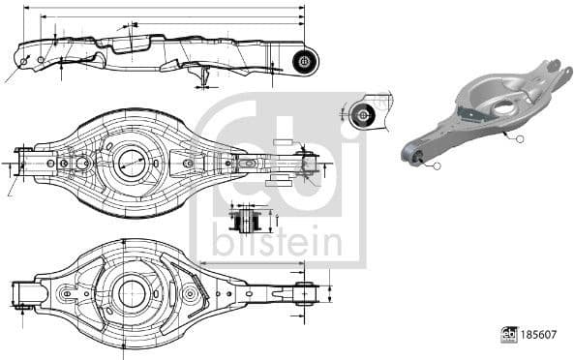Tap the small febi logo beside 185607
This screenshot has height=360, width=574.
(508, 334)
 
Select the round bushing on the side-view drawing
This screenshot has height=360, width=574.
(304, 61)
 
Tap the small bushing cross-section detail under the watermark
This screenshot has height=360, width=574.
(247, 220)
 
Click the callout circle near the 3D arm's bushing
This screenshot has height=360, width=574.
(437, 166)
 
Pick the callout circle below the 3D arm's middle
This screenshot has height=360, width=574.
(519, 139)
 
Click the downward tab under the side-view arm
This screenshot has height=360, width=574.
(202, 75)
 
